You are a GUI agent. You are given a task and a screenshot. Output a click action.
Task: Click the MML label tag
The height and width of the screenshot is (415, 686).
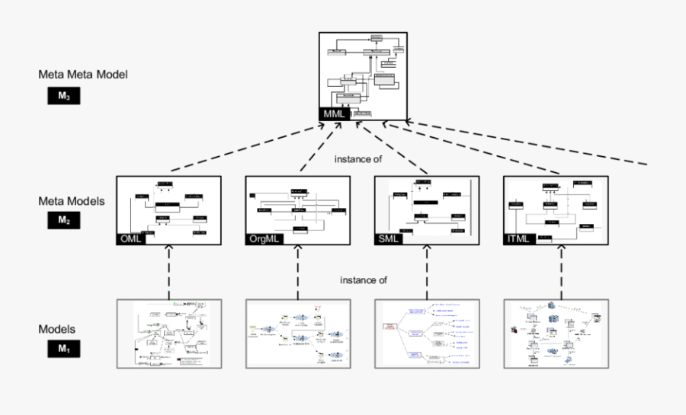tap(335, 114)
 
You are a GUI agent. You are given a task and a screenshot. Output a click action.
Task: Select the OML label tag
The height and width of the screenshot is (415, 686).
tap(130, 239)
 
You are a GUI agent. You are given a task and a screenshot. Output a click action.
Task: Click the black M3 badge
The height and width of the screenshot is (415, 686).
tap(63, 97)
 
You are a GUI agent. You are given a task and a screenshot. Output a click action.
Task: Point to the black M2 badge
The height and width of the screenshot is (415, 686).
tap(63, 221)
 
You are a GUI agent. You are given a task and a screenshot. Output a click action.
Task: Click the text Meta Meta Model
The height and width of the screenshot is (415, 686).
tap(83, 75)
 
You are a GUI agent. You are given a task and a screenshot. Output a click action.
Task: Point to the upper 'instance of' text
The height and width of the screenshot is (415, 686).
tap(357, 160)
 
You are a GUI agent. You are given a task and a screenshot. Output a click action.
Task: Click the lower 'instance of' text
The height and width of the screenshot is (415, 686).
tap(363, 279)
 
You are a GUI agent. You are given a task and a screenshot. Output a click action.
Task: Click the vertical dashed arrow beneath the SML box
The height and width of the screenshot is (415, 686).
tap(427, 272)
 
